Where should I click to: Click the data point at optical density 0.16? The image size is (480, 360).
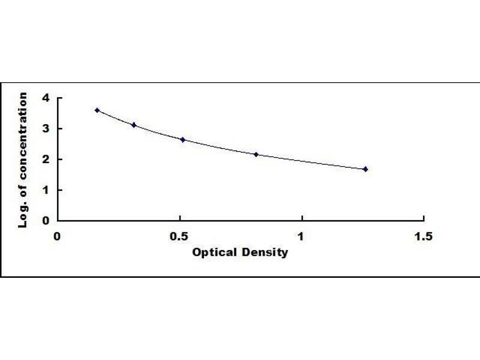(x=97, y=110)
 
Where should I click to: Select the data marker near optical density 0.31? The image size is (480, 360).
(x=133, y=125)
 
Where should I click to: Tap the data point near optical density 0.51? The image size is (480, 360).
(x=182, y=140)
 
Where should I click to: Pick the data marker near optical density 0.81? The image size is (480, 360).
(x=256, y=154)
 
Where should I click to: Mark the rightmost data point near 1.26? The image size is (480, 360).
(x=365, y=169)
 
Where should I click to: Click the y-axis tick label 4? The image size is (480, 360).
(x=44, y=98)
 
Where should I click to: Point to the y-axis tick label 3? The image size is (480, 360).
(x=44, y=128)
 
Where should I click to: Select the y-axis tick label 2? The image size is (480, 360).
(x=44, y=159)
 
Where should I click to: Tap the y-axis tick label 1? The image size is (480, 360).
(x=44, y=190)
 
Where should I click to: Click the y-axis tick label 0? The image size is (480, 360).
(x=44, y=220)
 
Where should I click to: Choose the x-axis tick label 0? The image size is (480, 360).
(x=58, y=236)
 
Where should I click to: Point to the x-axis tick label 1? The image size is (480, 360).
(x=302, y=236)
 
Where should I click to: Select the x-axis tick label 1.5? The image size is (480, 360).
(x=424, y=236)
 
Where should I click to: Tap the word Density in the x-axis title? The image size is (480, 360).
(x=266, y=253)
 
